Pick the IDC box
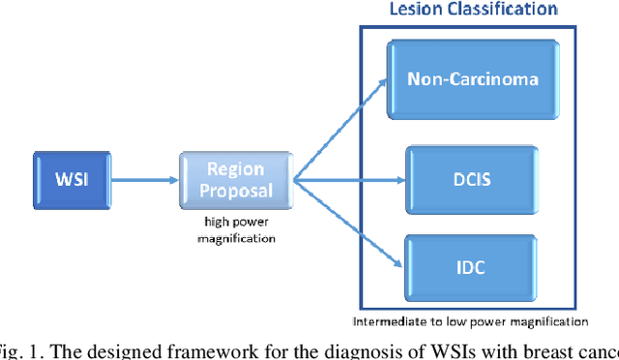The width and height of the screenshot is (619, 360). [470, 266]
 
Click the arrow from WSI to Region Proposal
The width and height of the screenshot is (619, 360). [144, 180]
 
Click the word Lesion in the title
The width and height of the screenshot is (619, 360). [416, 10]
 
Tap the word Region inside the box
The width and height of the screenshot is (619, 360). [236, 169]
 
